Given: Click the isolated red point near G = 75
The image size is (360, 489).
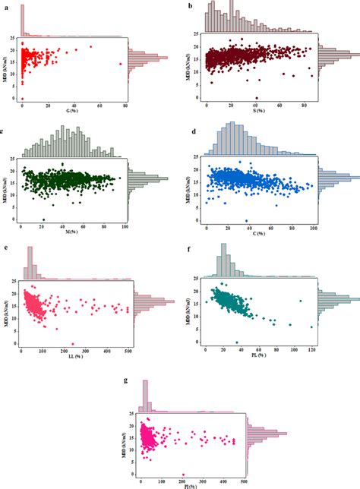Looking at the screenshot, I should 120,65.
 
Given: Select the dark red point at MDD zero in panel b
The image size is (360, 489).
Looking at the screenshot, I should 257,98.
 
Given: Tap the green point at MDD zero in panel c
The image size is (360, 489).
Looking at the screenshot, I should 43,219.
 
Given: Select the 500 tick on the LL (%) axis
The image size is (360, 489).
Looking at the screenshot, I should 128,350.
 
